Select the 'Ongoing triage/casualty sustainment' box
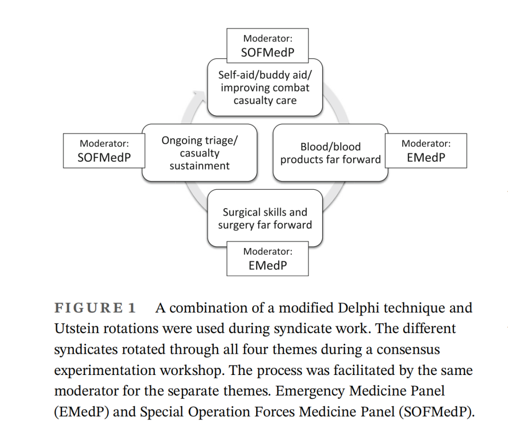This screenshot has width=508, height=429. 199,153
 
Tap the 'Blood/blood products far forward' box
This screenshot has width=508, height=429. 331,153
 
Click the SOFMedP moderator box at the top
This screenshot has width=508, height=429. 268,46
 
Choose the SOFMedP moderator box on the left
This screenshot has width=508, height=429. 104,151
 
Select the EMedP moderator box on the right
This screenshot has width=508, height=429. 426,151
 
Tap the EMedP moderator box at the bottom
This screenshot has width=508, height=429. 268,258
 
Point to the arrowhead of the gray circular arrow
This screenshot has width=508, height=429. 199,95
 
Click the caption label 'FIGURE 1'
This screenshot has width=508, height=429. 95,308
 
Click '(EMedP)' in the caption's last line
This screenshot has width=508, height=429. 81,412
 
